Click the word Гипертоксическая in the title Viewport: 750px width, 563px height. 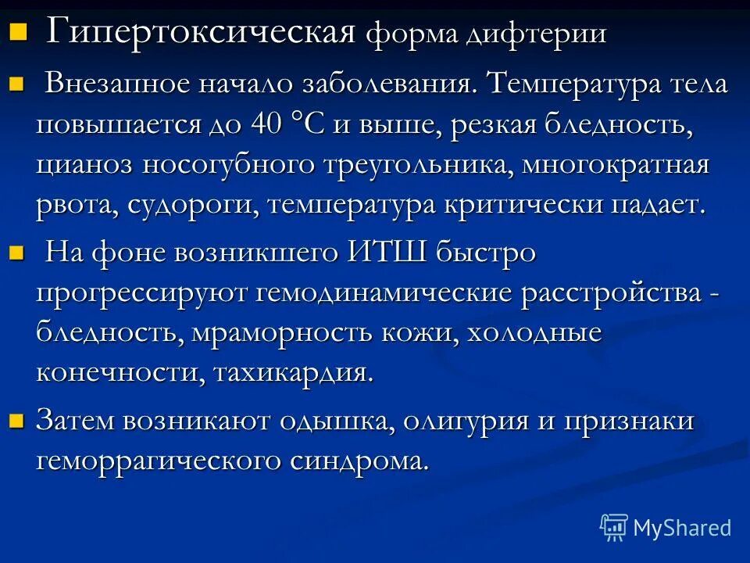pyautogui.click(x=202, y=33)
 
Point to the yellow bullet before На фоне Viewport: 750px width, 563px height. pyautogui.click(x=17, y=253)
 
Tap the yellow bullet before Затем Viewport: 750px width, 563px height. pyautogui.click(x=17, y=421)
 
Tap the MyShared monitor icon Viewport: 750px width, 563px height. pyautogui.click(x=614, y=527)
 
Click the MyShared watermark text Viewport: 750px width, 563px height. pyautogui.click(x=682, y=528)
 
